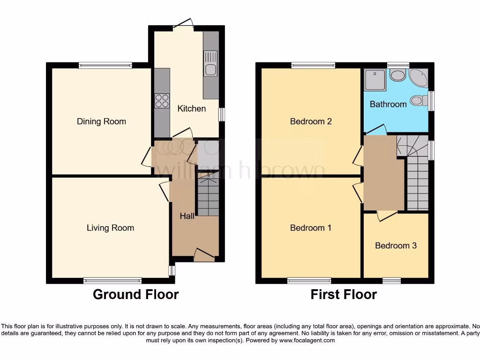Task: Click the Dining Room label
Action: click(x=101, y=121)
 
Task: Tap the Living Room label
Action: click(x=110, y=228)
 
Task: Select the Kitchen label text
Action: click(x=191, y=108)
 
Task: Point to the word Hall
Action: click(x=187, y=216)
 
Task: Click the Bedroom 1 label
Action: click(x=310, y=228)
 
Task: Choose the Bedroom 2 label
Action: click(x=311, y=121)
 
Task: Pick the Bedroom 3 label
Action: click(x=396, y=245)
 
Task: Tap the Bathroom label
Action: click(x=388, y=104)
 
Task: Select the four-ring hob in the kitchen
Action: click(x=162, y=100)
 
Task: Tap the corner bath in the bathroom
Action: click(x=419, y=78)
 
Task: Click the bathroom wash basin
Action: click(x=398, y=75)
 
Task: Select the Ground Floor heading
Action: click(x=135, y=294)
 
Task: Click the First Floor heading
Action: click(x=344, y=294)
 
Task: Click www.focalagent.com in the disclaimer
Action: click(x=307, y=340)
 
